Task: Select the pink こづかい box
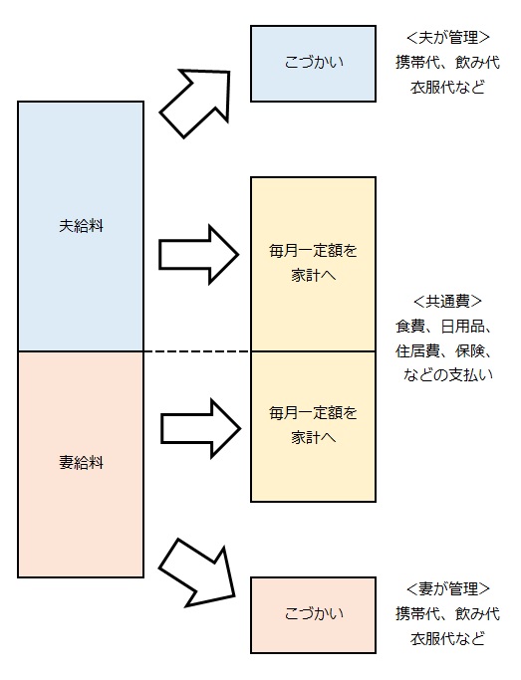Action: (313, 613)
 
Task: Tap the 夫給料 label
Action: (81, 225)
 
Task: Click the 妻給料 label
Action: (81, 463)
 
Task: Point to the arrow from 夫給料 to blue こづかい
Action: (195, 102)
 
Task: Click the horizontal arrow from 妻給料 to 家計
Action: (199, 424)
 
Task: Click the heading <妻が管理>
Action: (447, 589)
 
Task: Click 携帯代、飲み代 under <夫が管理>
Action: (447, 62)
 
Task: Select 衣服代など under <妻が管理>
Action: (447, 637)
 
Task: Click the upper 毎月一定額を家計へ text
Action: (313, 261)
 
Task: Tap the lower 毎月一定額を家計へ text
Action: (313, 423)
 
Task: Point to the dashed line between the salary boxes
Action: (197, 351)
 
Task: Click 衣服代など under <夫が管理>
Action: (447, 86)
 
